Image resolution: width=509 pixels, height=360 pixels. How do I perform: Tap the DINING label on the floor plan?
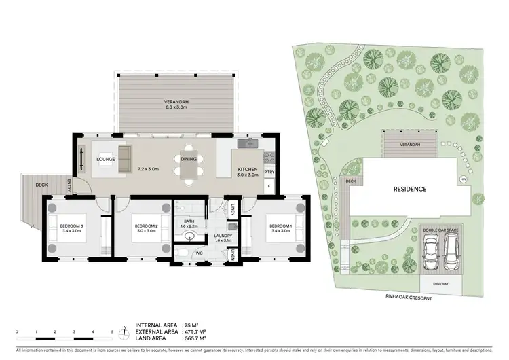point(189,160)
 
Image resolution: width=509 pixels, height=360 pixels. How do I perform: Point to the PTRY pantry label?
point(268,173)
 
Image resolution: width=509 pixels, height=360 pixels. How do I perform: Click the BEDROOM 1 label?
point(280,226)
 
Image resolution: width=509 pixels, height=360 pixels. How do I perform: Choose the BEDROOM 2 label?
point(146,226)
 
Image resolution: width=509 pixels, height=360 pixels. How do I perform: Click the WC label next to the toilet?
point(199,253)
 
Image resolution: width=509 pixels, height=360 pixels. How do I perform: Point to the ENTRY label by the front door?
point(69,184)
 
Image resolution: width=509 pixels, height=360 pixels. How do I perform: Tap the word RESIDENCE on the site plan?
point(411,189)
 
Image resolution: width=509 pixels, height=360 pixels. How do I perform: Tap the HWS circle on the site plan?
point(464,179)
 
